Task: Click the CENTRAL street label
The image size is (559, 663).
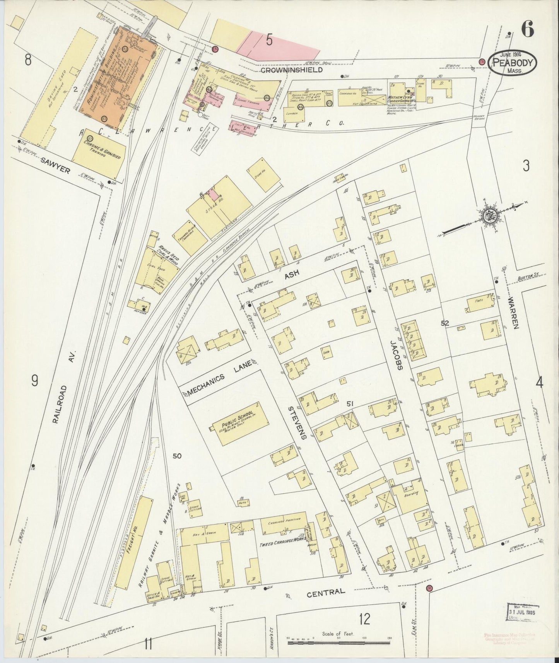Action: coord(330,591)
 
